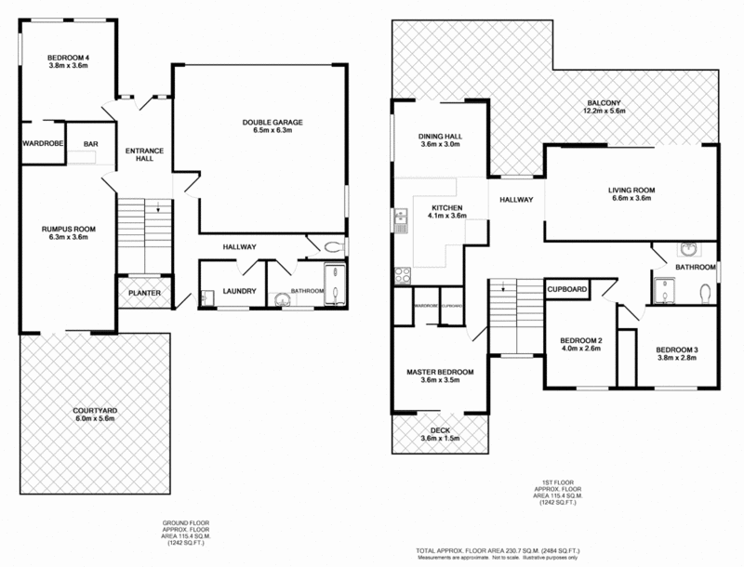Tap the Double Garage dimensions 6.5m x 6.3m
(x=273, y=132)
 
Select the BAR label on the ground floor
(x=91, y=145)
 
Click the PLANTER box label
(x=145, y=294)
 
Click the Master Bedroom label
(x=440, y=372)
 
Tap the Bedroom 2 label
(x=581, y=339)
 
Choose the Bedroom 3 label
(x=677, y=349)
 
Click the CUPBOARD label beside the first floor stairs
(x=567, y=290)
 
